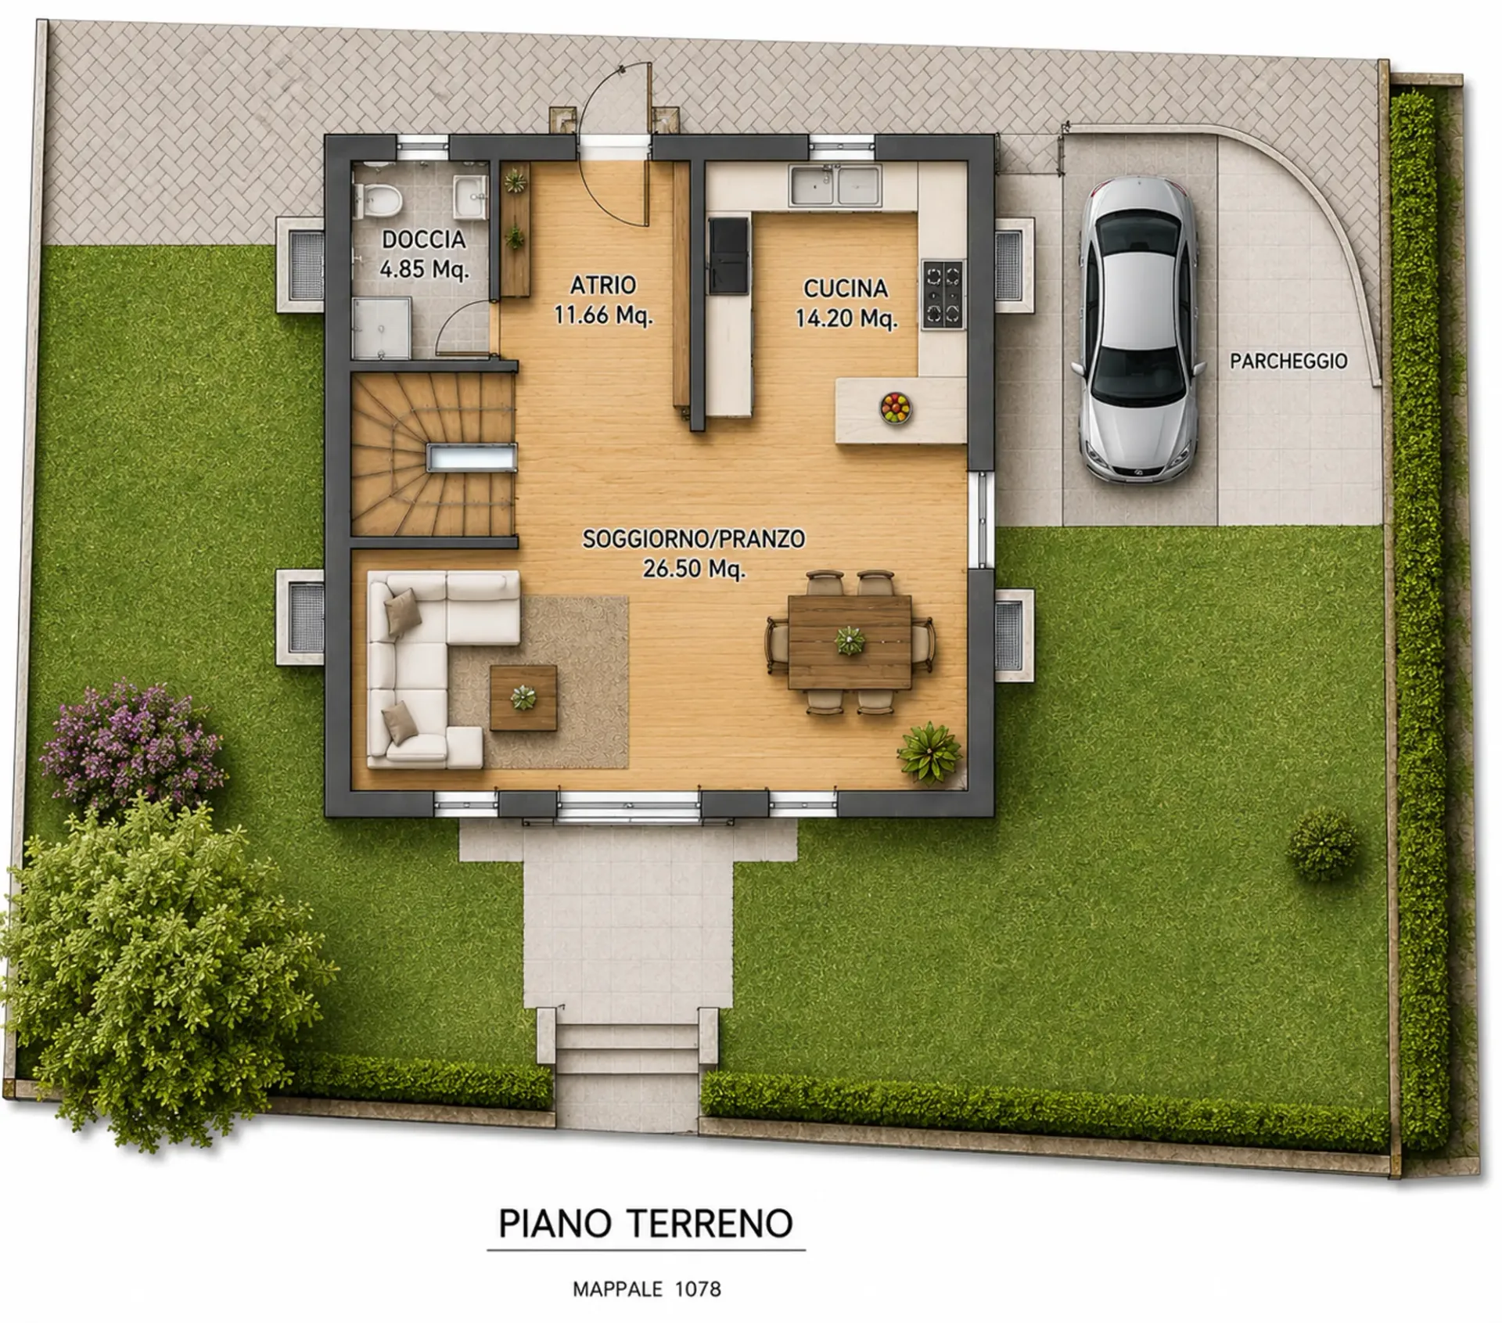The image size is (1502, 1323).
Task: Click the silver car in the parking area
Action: click(x=1138, y=329)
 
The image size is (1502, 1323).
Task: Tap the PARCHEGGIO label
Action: click(x=1288, y=361)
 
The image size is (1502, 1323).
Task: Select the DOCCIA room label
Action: click(x=423, y=239)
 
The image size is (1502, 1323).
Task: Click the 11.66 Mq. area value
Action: click(x=603, y=315)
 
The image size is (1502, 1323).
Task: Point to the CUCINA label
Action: click(x=846, y=289)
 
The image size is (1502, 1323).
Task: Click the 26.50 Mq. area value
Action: click(x=694, y=569)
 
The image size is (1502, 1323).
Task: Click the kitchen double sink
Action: click(x=835, y=185)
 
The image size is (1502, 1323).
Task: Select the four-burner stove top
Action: click(x=943, y=295)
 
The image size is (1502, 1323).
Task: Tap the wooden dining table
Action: click(x=850, y=642)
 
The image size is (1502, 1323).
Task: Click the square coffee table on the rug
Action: click(x=523, y=697)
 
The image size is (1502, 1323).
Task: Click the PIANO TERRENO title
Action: click(x=646, y=1224)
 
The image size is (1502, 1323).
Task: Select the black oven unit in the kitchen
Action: click(x=728, y=255)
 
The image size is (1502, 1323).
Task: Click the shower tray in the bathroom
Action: click(x=381, y=327)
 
